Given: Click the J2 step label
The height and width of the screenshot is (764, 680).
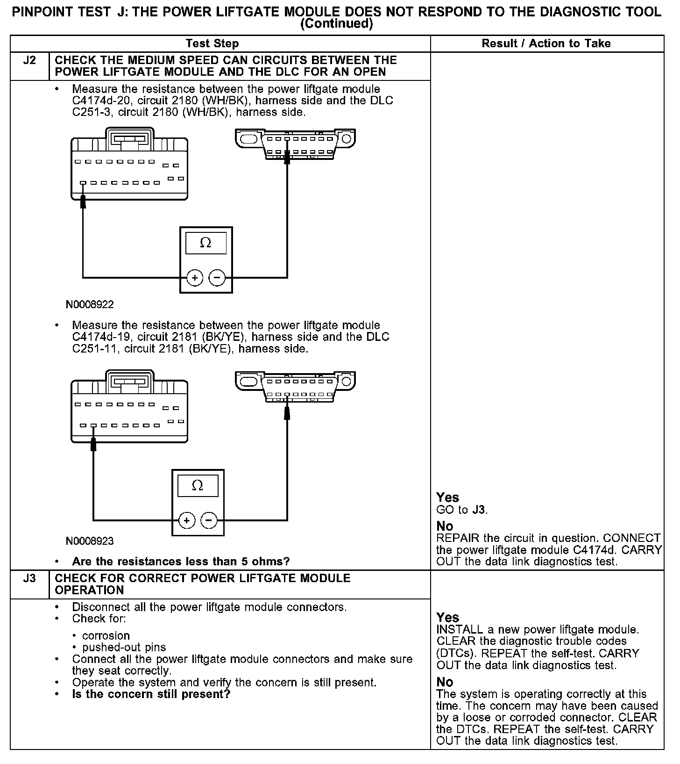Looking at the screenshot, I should [29, 60].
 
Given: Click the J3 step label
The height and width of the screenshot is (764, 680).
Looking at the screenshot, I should [29, 578].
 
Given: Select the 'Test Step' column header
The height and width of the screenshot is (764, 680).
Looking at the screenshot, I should [212, 43].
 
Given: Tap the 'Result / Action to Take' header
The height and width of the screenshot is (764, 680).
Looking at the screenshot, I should [546, 43].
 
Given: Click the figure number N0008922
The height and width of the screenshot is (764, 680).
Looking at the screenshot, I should [90, 305].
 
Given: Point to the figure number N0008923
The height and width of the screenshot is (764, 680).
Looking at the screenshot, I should [90, 541].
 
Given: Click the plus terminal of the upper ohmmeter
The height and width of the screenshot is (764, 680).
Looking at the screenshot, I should [195, 278].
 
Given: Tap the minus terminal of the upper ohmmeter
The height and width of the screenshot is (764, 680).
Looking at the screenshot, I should [217, 278].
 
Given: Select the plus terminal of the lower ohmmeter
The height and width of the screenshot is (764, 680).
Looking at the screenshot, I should [186, 520].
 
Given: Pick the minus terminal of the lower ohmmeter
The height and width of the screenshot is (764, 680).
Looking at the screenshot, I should [209, 520].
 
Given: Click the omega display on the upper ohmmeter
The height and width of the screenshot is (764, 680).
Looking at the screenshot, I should [205, 243].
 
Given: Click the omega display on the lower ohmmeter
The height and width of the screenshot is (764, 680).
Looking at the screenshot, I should [198, 486].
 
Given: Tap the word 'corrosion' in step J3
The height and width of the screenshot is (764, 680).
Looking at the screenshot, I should [106, 636].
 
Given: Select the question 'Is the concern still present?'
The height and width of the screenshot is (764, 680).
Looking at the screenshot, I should [151, 694].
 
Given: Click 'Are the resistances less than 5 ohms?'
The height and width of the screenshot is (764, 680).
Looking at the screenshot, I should [181, 562].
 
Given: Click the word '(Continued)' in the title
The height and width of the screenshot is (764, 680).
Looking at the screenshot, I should [336, 24].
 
